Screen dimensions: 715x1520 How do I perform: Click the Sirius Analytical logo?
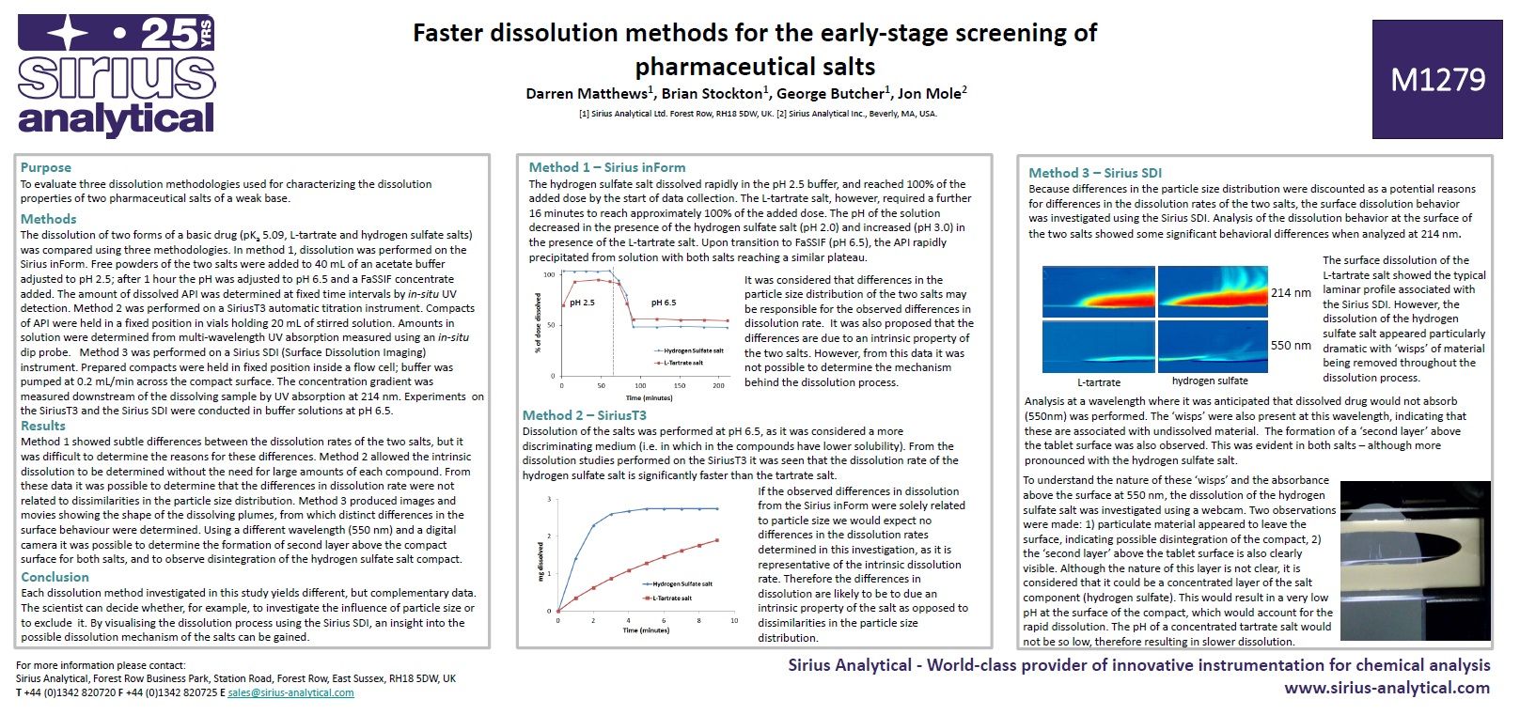117,77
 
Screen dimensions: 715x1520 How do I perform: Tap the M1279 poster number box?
1436,80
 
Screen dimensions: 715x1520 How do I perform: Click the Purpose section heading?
46,167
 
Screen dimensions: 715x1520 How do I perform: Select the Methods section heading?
48,219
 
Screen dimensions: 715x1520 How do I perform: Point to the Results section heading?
43,426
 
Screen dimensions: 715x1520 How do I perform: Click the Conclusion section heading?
55,577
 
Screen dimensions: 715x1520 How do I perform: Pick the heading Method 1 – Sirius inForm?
606,167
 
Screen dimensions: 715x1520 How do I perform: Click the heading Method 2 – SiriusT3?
584,415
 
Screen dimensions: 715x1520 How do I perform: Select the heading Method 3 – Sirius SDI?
1094,173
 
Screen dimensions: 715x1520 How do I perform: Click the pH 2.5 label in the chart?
582,303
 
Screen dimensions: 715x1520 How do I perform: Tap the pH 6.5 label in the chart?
663,303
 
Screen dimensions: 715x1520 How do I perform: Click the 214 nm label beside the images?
1291,293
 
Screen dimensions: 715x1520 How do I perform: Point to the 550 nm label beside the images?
1291,346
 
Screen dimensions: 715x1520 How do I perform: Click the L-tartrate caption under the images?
1098,382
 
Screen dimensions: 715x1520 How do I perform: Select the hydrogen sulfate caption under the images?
1209,381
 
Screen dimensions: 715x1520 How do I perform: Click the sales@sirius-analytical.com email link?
290,692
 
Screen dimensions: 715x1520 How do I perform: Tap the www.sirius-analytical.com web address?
1387,688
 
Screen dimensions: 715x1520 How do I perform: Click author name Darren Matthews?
587,94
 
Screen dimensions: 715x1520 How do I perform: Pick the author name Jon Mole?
929,94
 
